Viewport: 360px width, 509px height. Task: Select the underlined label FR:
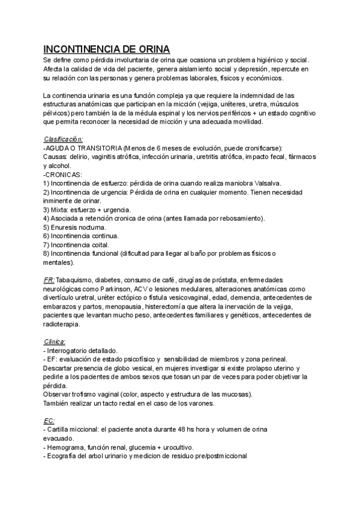tap(49, 280)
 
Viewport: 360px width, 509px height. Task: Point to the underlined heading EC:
tap(49, 421)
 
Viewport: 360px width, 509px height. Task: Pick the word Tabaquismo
tap(76, 280)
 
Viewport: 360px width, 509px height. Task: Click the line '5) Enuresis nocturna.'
tap(75, 227)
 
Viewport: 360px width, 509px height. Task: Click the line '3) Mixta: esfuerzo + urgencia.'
tap(87, 209)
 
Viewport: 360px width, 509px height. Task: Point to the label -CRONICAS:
tap(63, 174)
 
